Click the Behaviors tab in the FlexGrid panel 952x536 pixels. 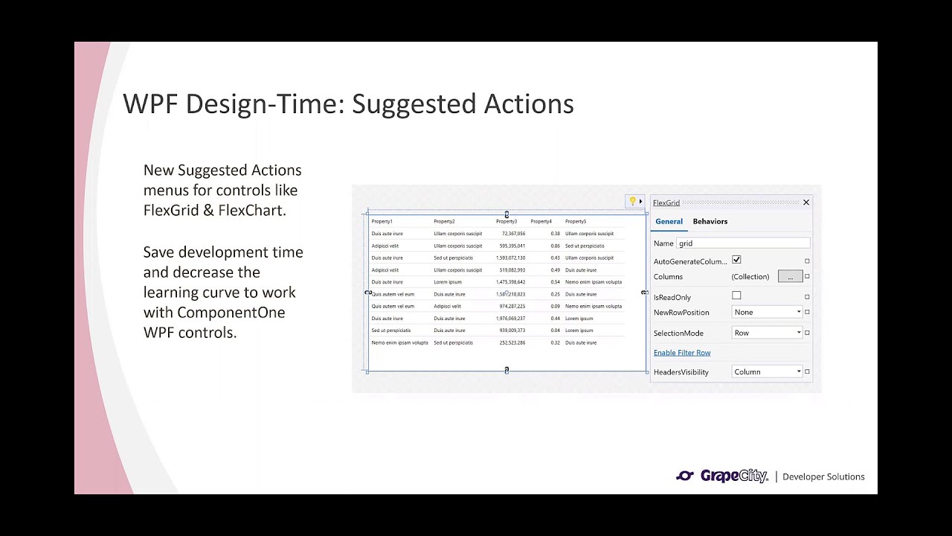710,221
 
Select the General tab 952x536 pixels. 669,221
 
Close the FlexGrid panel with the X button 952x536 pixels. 806,202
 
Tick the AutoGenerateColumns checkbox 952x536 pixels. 736,260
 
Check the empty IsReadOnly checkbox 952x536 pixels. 736,296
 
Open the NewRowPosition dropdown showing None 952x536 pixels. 767,312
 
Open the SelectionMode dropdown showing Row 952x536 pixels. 767,333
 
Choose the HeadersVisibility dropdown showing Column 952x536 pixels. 767,371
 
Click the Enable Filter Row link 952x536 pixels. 682,353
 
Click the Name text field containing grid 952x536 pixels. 742,243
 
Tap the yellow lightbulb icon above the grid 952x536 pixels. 632,201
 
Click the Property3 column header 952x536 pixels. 506,221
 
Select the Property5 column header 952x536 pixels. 576,221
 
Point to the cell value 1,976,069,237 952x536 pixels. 512,319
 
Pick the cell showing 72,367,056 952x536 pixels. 513,234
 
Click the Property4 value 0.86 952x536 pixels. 555,246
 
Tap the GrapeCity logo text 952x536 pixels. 733,476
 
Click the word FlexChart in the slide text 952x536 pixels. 251,210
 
